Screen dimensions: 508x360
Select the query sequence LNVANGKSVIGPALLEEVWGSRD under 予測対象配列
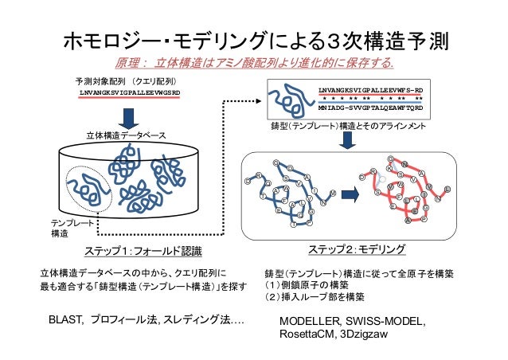130,92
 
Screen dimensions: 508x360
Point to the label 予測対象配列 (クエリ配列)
126,81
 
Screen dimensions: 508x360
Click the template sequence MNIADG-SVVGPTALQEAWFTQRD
370,108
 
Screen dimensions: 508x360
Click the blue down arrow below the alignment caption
348,142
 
